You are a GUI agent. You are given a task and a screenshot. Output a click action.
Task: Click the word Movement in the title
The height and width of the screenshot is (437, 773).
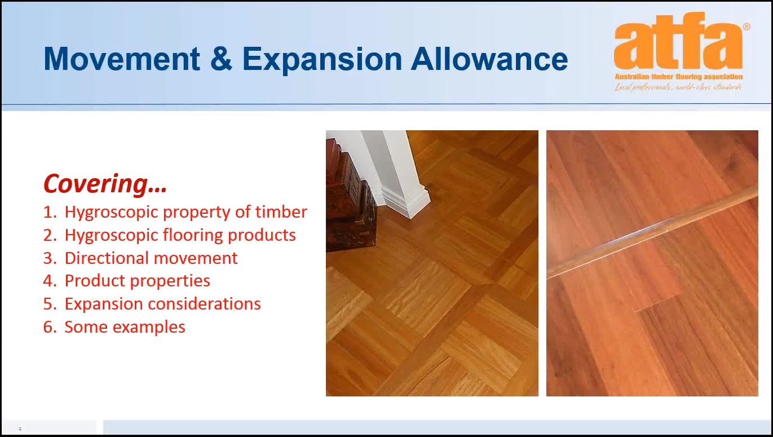pyautogui.click(x=122, y=59)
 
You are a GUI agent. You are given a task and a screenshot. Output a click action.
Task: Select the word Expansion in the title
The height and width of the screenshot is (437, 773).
pyautogui.click(x=323, y=61)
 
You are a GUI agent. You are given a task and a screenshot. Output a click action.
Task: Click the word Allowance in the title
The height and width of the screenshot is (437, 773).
pyautogui.click(x=489, y=59)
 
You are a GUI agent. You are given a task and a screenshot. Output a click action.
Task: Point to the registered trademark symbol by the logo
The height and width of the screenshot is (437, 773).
pyautogui.click(x=747, y=27)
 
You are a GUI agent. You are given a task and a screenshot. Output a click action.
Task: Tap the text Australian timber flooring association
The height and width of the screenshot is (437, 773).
pyautogui.click(x=678, y=77)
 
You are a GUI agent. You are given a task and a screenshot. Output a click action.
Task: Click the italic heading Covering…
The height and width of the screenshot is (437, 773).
pyautogui.click(x=105, y=184)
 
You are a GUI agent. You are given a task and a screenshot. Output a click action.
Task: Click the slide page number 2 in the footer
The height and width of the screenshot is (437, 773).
pyautogui.click(x=20, y=429)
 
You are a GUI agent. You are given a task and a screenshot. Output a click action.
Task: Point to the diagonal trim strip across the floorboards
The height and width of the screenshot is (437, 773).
pyautogui.click(x=652, y=231)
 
